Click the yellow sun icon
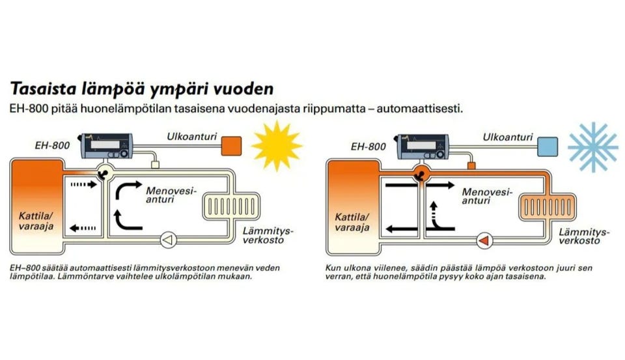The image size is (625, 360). point(277,146)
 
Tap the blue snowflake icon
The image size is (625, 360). point(593,146)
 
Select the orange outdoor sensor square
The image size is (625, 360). point(232,146)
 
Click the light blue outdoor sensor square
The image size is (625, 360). point(548,146)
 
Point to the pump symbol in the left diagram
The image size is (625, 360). point(169,240)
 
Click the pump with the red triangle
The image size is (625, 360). point(484,241)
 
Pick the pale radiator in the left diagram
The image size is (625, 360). point(231,206)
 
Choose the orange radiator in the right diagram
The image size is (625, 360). point(548,207)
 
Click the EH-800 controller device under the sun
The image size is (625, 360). point(106,146)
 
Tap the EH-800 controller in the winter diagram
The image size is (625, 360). point(423,146)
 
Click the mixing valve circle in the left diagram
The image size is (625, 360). point(104,173)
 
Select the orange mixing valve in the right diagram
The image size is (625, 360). point(421,173)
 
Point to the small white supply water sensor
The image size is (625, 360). point(156,165)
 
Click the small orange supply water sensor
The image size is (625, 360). point(471,165)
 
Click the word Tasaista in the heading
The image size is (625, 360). point(44,89)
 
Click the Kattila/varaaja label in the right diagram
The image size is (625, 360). point(352,222)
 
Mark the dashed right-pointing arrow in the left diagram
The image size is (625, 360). point(84,185)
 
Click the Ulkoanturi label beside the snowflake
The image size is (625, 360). point(508,137)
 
